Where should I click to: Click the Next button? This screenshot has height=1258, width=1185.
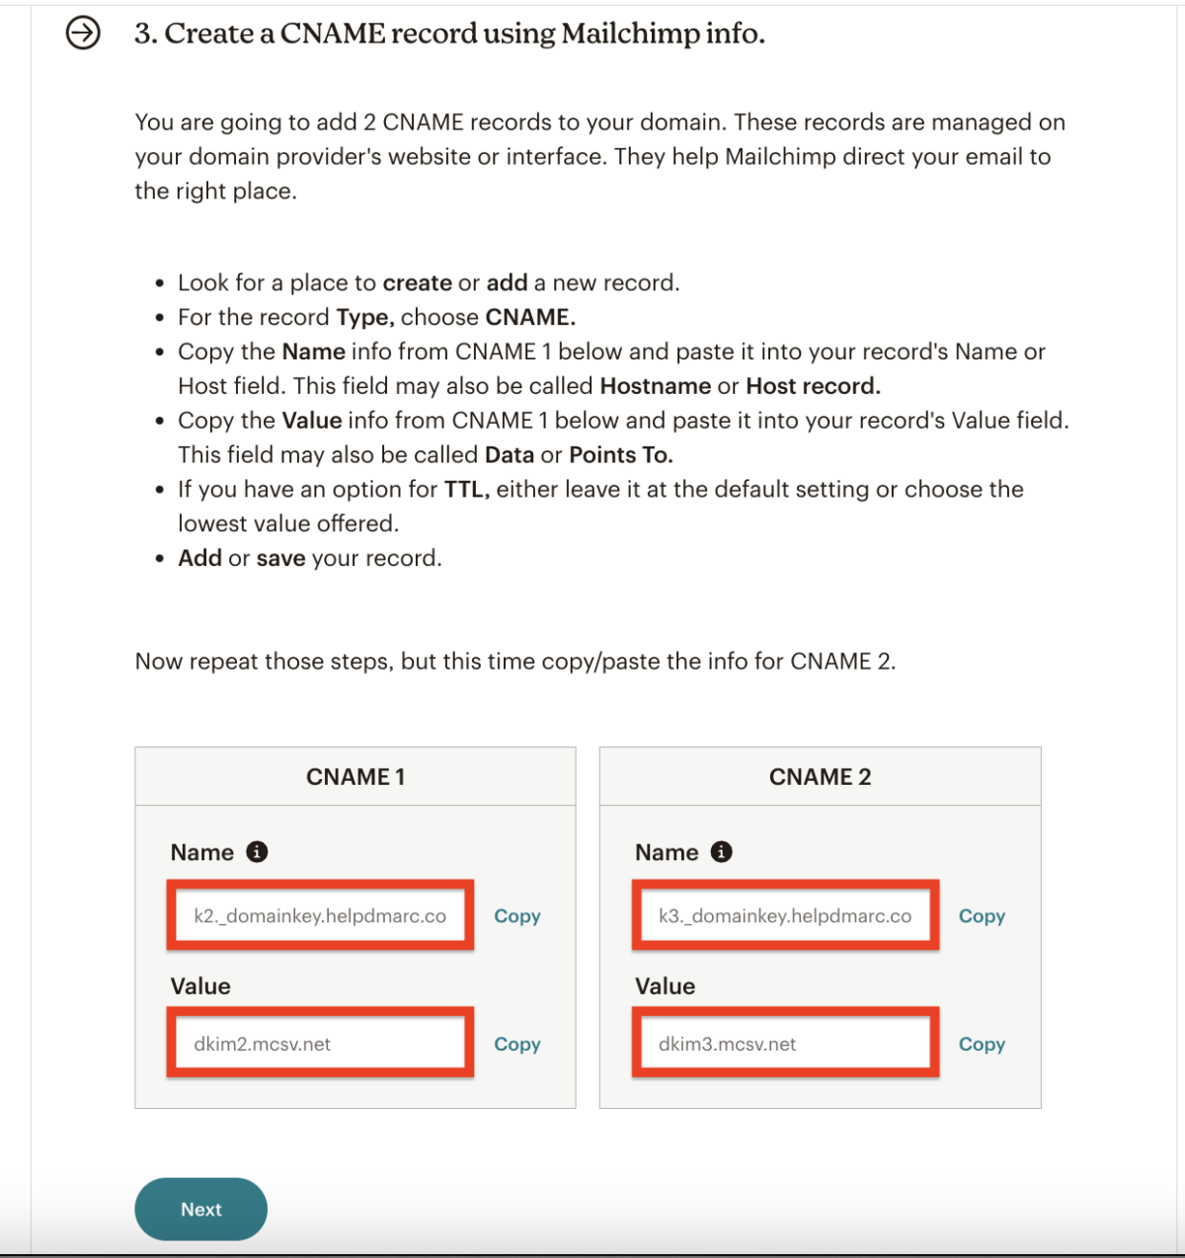click(x=200, y=1209)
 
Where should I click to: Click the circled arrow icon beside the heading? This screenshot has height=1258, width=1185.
click(x=83, y=34)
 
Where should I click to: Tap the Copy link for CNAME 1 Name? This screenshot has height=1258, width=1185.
click(x=516, y=915)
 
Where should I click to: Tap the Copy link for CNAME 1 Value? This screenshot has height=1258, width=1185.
click(x=516, y=1044)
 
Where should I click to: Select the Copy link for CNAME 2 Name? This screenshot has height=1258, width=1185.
click(x=982, y=915)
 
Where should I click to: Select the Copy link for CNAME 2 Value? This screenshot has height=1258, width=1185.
click(x=982, y=1044)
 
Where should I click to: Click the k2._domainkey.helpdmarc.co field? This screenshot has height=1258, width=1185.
click(x=320, y=915)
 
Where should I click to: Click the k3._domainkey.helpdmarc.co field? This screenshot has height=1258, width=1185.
click(x=785, y=915)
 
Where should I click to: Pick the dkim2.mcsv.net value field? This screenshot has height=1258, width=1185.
click(x=320, y=1044)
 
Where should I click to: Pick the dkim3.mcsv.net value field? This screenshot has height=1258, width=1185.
click(x=785, y=1044)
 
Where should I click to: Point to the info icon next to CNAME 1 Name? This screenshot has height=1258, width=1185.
click(x=257, y=851)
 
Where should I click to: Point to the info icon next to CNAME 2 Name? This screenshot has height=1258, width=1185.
click(x=722, y=851)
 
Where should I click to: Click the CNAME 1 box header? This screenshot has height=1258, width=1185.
click(x=355, y=777)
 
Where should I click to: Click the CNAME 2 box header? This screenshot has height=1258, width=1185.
click(x=820, y=777)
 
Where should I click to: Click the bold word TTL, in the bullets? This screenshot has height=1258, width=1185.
click(x=466, y=490)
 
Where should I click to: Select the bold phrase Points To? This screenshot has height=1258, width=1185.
click(x=620, y=455)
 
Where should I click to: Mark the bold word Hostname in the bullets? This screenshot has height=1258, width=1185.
click(x=655, y=386)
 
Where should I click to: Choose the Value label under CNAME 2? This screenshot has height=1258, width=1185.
click(x=665, y=985)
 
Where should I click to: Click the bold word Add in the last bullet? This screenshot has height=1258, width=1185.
click(x=199, y=558)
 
